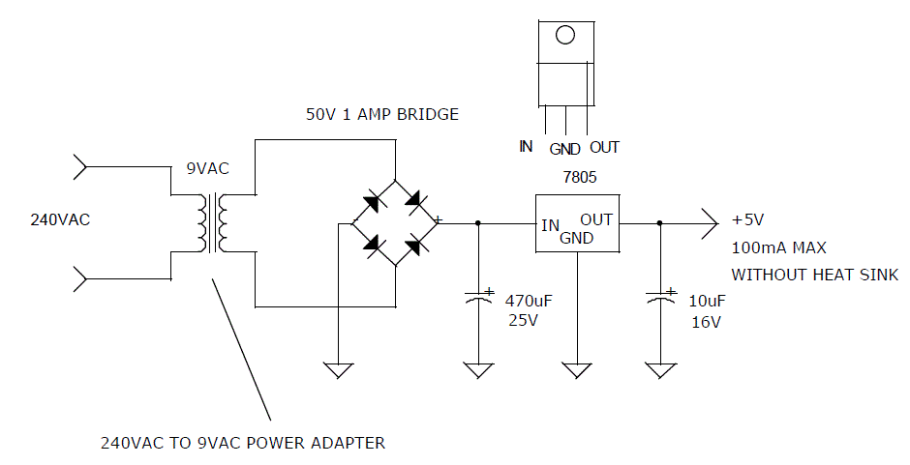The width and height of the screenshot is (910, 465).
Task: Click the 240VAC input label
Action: click(x=60, y=219)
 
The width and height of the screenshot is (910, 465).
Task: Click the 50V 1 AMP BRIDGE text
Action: click(x=382, y=114)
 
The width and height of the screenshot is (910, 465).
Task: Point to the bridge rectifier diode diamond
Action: click(x=395, y=222)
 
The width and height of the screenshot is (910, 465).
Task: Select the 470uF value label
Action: click(x=528, y=301)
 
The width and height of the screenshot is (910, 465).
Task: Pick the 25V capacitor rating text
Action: click(x=522, y=321)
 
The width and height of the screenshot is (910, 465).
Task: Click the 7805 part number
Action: click(x=577, y=177)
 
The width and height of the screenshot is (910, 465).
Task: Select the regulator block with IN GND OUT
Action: click(x=577, y=224)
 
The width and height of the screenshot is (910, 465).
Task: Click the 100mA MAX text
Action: click(x=778, y=247)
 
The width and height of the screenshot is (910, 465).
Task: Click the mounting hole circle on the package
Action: click(x=565, y=36)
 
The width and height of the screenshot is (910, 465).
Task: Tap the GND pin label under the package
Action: click(x=564, y=149)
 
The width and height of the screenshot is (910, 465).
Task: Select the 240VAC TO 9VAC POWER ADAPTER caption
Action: click(x=243, y=444)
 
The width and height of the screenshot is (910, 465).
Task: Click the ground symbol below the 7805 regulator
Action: click(x=577, y=368)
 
